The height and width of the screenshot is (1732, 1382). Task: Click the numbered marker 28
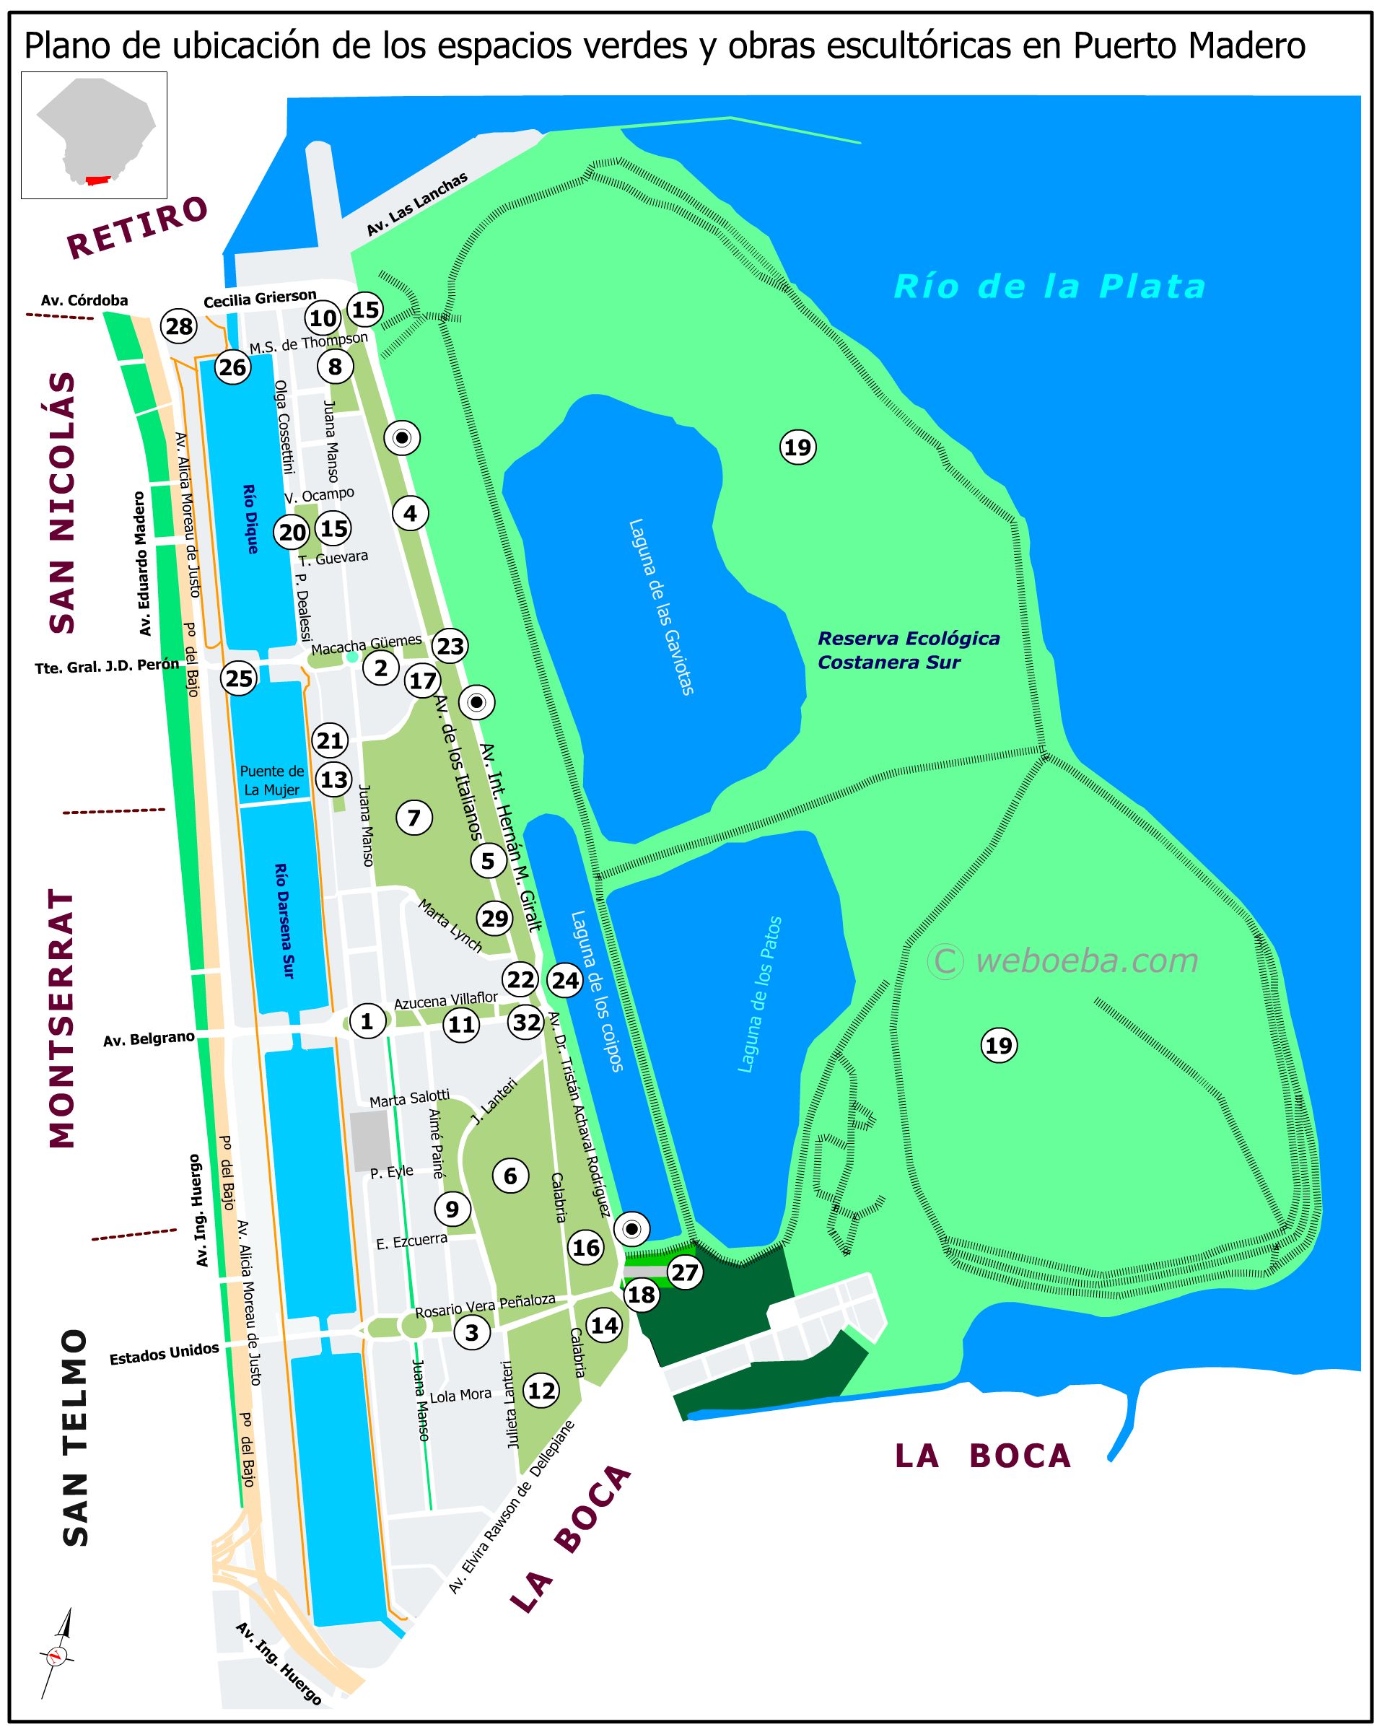(x=179, y=326)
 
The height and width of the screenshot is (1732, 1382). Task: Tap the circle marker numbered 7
(x=414, y=818)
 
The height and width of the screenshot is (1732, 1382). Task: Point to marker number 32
(x=526, y=1023)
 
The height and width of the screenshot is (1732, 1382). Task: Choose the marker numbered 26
(x=233, y=367)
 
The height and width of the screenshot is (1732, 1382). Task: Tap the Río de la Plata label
(x=1049, y=287)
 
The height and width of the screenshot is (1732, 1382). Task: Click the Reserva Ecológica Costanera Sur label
(x=908, y=650)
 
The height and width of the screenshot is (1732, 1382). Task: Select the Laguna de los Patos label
(x=759, y=994)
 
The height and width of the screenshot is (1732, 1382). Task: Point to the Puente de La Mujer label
(x=271, y=780)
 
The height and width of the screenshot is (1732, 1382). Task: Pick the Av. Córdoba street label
(x=84, y=300)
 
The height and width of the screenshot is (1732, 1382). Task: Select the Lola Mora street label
(x=460, y=1396)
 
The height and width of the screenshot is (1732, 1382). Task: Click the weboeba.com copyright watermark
(x=1062, y=961)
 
